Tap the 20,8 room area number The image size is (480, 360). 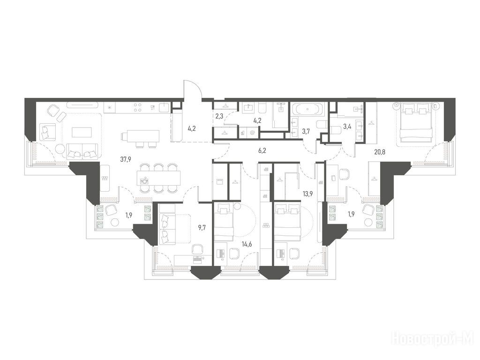tap(380, 150)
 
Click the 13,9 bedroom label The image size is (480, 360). tap(307, 194)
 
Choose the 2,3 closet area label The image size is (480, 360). tap(219, 116)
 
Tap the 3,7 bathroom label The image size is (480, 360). tap(306, 132)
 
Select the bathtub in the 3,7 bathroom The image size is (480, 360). tap(307, 109)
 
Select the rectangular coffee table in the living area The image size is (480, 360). tap(82, 132)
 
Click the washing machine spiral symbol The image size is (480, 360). tap(252, 133)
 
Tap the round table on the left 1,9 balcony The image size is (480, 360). tap(115, 223)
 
